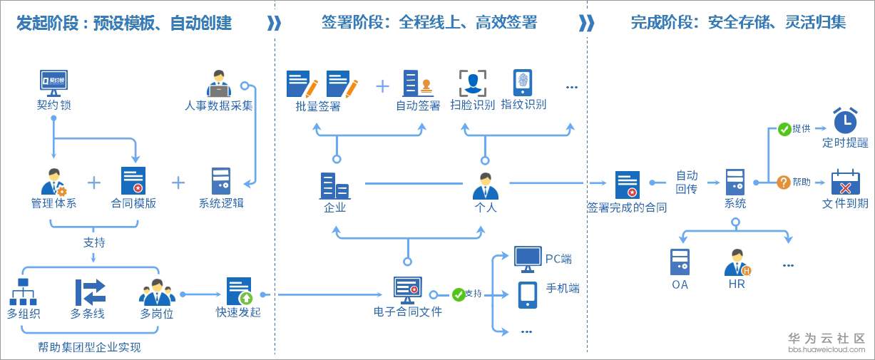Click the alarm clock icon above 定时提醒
846,120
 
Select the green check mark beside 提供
784,129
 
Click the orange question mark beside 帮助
784,182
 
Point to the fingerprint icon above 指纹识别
523,83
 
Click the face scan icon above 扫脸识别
472,83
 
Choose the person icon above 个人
485,186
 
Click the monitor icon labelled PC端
528,259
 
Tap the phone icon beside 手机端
528,294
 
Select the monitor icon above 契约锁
54,82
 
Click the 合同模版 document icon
133,181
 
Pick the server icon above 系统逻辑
221,181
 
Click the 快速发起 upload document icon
240,291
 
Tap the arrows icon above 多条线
91,292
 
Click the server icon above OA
680,262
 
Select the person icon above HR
737,263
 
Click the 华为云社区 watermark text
827,338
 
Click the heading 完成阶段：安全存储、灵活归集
738,23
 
